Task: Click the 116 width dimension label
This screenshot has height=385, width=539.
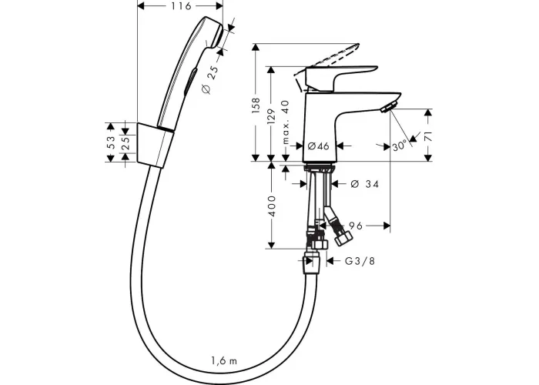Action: tap(180, 6)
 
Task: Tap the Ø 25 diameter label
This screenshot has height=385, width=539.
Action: tap(211, 79)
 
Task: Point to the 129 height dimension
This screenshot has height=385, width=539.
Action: tap(271, 117)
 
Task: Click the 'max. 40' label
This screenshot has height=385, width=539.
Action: tap(286, 122)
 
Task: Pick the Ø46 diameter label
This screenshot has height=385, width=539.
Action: tap(318, 146)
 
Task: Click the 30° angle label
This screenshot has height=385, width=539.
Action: tap(399, 146)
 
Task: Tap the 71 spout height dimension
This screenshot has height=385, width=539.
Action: tap(428, 137)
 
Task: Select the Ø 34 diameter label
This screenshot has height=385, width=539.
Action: tap(365, 184)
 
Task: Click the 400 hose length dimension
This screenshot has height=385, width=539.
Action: tap(272, 206)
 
